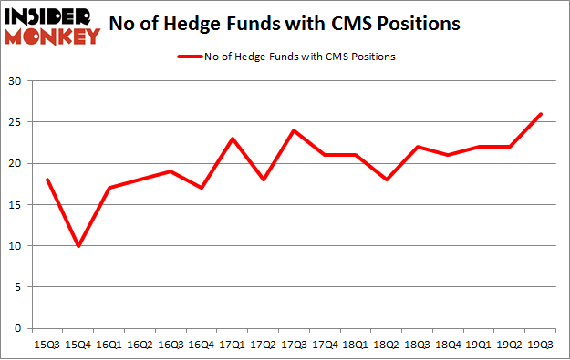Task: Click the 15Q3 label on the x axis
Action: [47, 345]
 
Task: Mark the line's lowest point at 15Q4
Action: [79, 245]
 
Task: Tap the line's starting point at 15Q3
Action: [47, 180]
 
